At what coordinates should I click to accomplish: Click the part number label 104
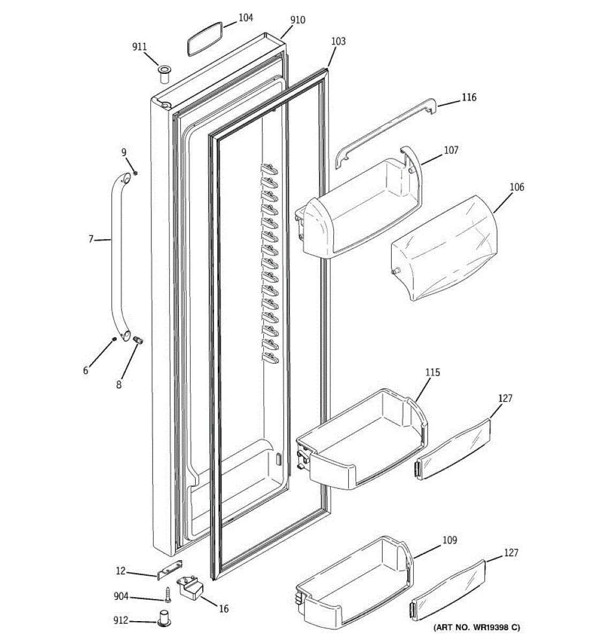point(246,18)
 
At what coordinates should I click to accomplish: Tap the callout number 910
point(298,20)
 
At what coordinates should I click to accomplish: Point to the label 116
point(469,97)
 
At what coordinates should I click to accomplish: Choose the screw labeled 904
point(167,594)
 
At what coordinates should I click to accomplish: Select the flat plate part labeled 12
point(170,570)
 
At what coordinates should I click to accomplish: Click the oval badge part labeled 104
point(204,39)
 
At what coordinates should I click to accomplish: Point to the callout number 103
point(338,41)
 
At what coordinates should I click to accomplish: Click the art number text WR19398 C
point(476,628)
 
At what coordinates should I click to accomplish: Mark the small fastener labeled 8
point(137,340)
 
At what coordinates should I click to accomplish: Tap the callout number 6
point(86,370)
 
